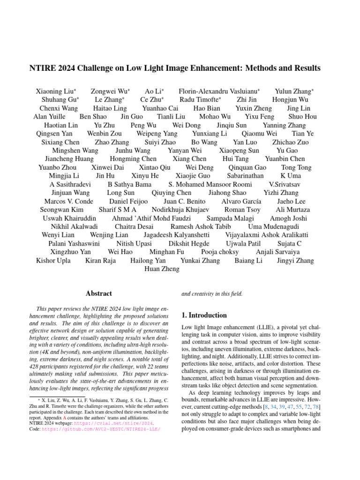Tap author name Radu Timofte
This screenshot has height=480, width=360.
(x=200, y=99)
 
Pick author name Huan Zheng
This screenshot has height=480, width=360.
(x=162, y=269)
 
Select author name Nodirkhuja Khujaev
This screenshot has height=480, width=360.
(x=180, y=210)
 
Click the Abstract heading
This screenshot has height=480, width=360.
(x=99, y=293)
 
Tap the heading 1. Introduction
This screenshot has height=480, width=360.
(x=204, y=315)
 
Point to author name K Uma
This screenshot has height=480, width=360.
(x=291, y=176)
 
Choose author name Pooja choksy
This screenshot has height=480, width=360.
(x=220, y=252)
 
